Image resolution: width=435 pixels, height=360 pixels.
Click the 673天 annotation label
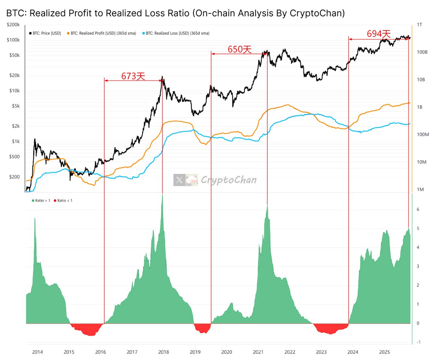point(133,76)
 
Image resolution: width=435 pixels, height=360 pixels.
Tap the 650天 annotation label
point(239,49)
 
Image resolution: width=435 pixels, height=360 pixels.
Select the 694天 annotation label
point(379,34)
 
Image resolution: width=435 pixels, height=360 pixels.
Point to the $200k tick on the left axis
point(13,25)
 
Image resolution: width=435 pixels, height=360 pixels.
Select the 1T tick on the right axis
point(419,25)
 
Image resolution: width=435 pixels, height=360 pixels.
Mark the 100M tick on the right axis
point(423,134)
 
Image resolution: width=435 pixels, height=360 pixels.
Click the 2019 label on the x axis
point(195,351)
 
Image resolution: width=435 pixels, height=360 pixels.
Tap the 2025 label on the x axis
point(384,351)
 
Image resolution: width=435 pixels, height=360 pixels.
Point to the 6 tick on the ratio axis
point(418,209)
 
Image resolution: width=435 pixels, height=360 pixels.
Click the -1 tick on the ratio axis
point(419,342)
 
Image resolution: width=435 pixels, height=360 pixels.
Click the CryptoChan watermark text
point(228,180)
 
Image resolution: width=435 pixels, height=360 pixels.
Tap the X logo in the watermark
point(179,180)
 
